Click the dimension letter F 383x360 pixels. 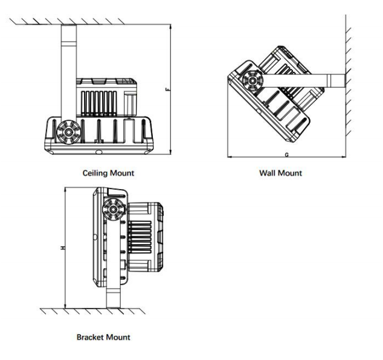167,89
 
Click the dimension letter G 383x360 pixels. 287,155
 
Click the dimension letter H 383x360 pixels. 63,248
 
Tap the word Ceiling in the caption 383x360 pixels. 94,173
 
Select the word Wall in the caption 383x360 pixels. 267,173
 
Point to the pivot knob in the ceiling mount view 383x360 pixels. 68,132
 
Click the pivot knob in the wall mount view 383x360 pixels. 253,81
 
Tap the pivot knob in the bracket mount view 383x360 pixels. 114,210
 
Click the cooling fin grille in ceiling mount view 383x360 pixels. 98,103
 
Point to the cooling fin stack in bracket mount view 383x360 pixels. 140,237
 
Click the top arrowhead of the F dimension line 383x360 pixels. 170,27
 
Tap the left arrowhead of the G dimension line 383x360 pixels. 230,156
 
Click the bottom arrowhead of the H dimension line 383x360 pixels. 65,306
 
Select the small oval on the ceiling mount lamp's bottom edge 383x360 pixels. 99,152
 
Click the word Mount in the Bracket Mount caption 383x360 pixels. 118,337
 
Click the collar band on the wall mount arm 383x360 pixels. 329,81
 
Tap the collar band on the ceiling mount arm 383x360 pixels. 69,44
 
